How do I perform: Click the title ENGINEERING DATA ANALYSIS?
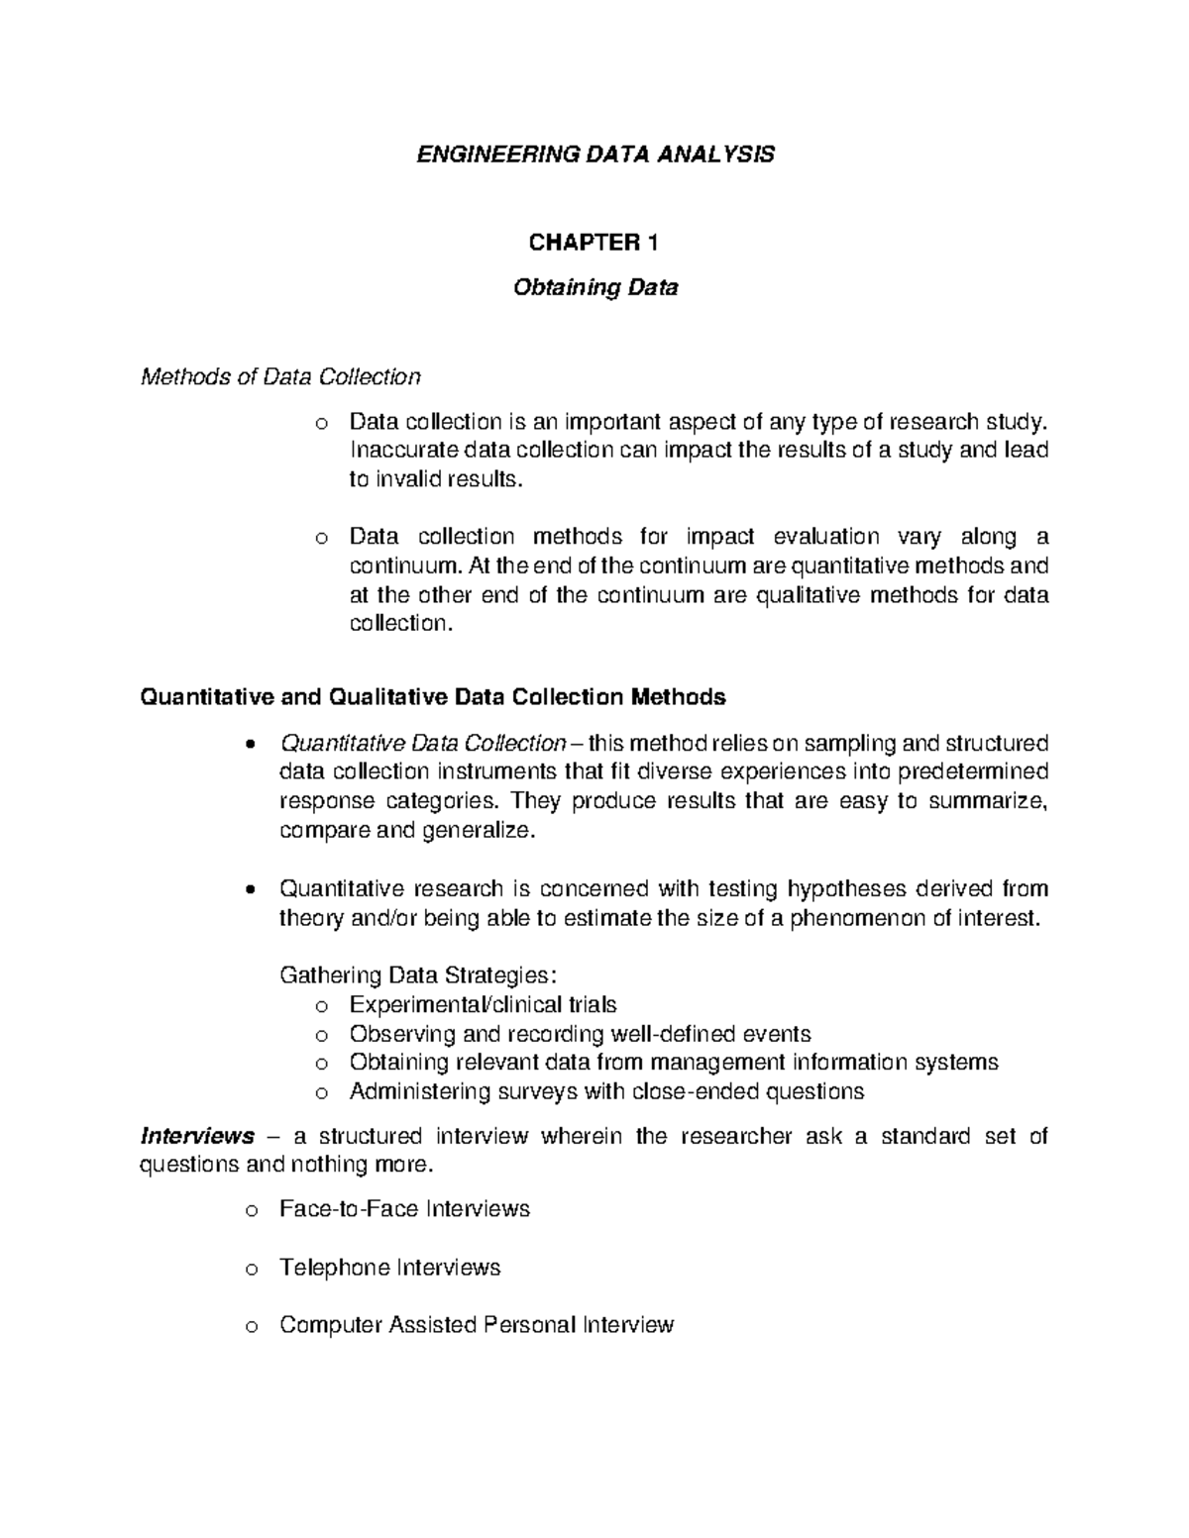point(594,154)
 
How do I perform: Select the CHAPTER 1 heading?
point(594,243)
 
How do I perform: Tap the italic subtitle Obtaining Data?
point(594,288)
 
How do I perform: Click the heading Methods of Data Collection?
point(281,376)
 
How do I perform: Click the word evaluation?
point(825,537)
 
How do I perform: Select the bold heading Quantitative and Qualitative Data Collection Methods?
point(434,697)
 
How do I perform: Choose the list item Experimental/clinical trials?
point(483,1005)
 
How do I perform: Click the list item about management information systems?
point(674,1063)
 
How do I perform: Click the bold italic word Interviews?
point(198,1136)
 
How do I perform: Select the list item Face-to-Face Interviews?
point(404,1209)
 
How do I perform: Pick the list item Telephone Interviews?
point(389,1268)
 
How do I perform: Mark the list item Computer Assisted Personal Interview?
point(477,1325)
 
